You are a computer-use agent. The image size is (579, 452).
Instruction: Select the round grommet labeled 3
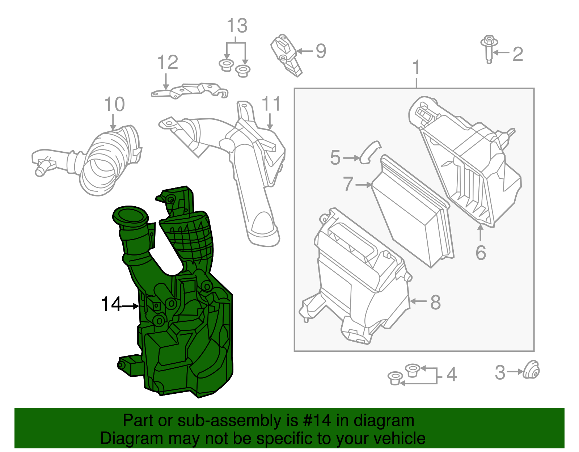tap(532, 370)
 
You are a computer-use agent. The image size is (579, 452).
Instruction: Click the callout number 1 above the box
tap(417, 68)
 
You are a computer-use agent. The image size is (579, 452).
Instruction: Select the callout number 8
tap(435, 302)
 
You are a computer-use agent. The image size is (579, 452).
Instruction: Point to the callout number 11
tap(271, 104)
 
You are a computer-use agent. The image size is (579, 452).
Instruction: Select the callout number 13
tap(237, 26)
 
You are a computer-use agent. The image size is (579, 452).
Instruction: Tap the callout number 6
tap(481, 253)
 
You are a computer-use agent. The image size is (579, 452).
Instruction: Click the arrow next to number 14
tap(131, 306)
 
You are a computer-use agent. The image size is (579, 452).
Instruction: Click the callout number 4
tap(451, 375)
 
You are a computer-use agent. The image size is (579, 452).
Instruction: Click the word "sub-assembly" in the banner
tap(229, 421)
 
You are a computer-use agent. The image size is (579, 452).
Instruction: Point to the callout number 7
tap(348, 184)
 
